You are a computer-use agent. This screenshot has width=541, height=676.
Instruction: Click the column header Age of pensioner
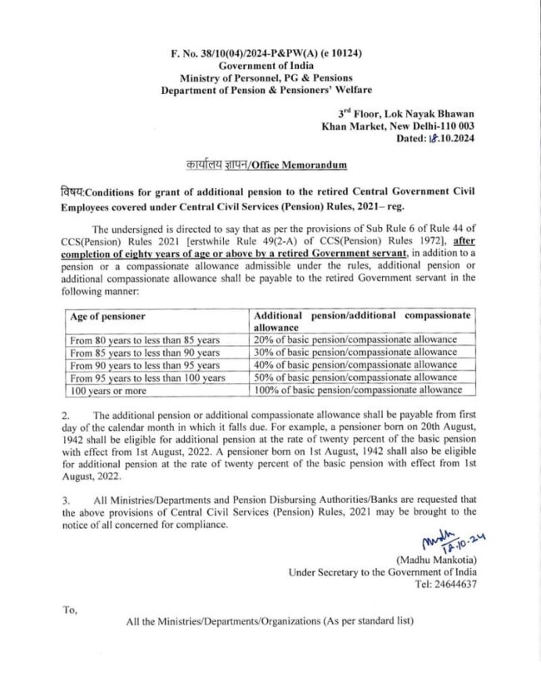(108, 316)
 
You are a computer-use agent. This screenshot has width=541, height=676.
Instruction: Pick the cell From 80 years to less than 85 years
(145, 340)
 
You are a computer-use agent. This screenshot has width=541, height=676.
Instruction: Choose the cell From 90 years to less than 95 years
(145, 365)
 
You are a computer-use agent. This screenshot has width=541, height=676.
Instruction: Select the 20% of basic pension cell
(355, 340)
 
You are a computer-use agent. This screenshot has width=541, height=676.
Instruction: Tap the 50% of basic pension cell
(355, 377)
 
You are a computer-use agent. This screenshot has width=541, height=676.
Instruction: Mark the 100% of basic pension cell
(358, 389)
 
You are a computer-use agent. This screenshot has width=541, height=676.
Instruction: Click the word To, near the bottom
(70, 609)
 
